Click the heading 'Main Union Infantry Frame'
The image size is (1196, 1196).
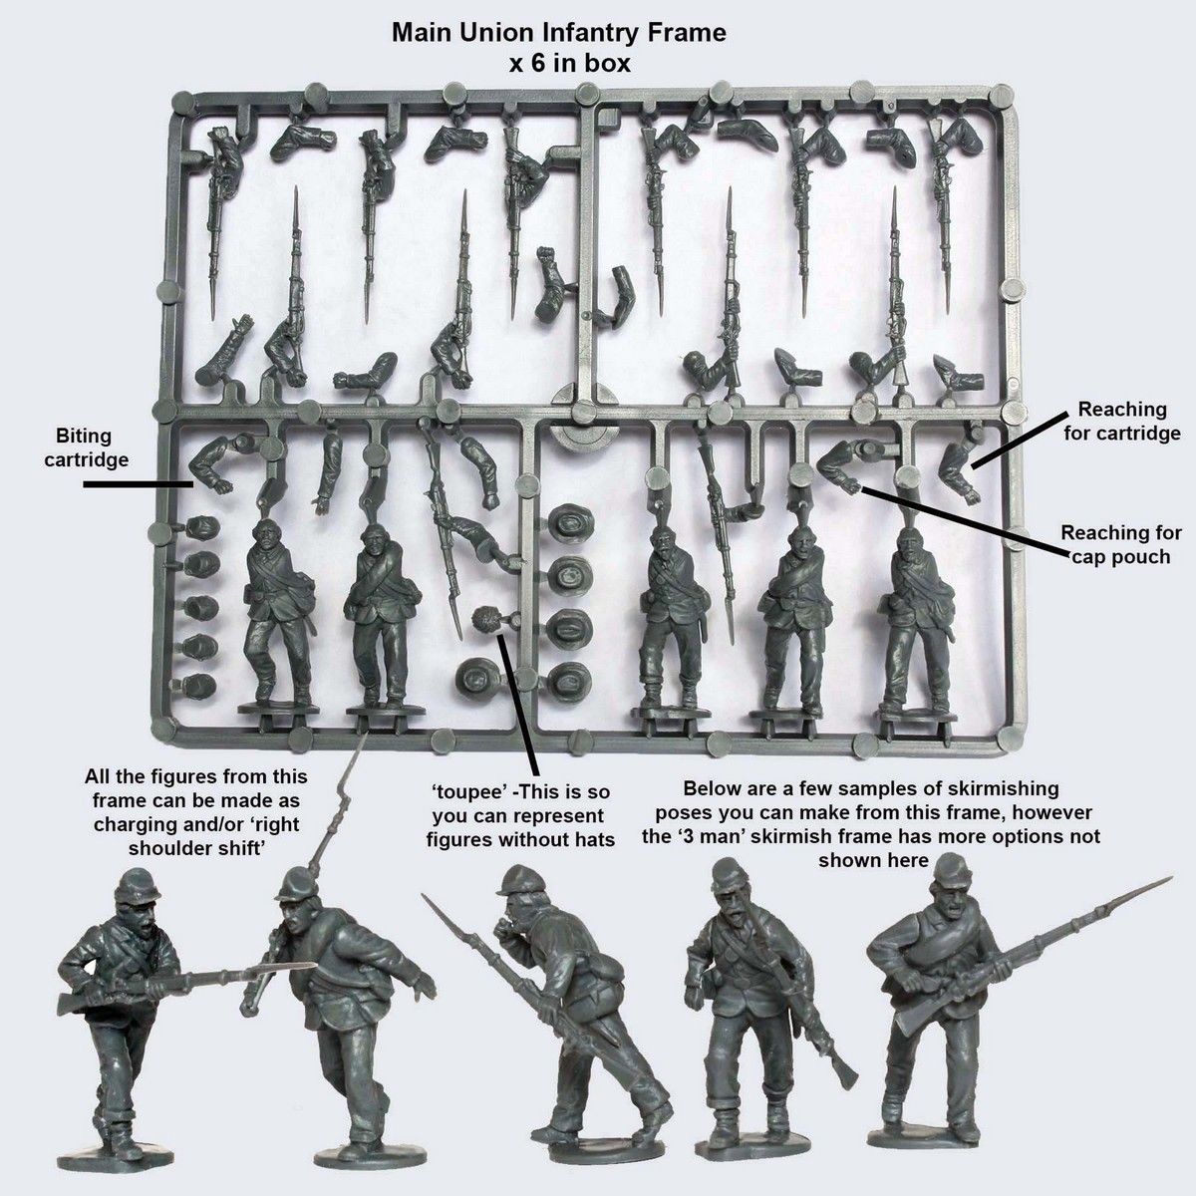point(558,33)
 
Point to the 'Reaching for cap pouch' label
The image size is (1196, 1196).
point(1121,544)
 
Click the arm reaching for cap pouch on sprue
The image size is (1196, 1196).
point(847,464)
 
